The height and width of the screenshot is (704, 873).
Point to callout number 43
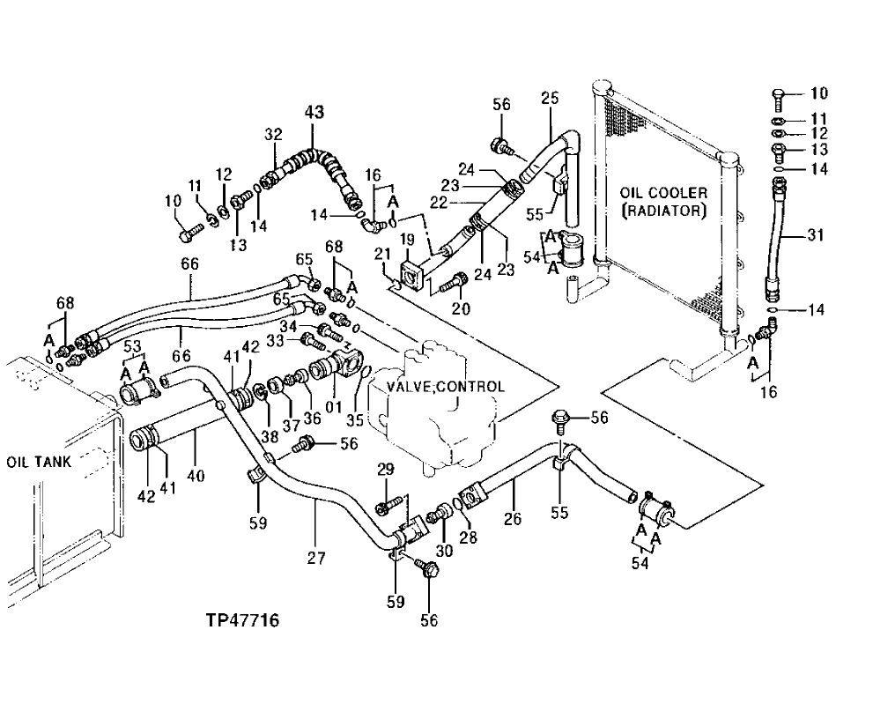click(314, 112)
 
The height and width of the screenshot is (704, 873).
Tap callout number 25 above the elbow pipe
click(550, 98)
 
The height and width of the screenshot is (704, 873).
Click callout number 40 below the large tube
click(195, 477)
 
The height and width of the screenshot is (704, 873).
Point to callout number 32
click(273, 134)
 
